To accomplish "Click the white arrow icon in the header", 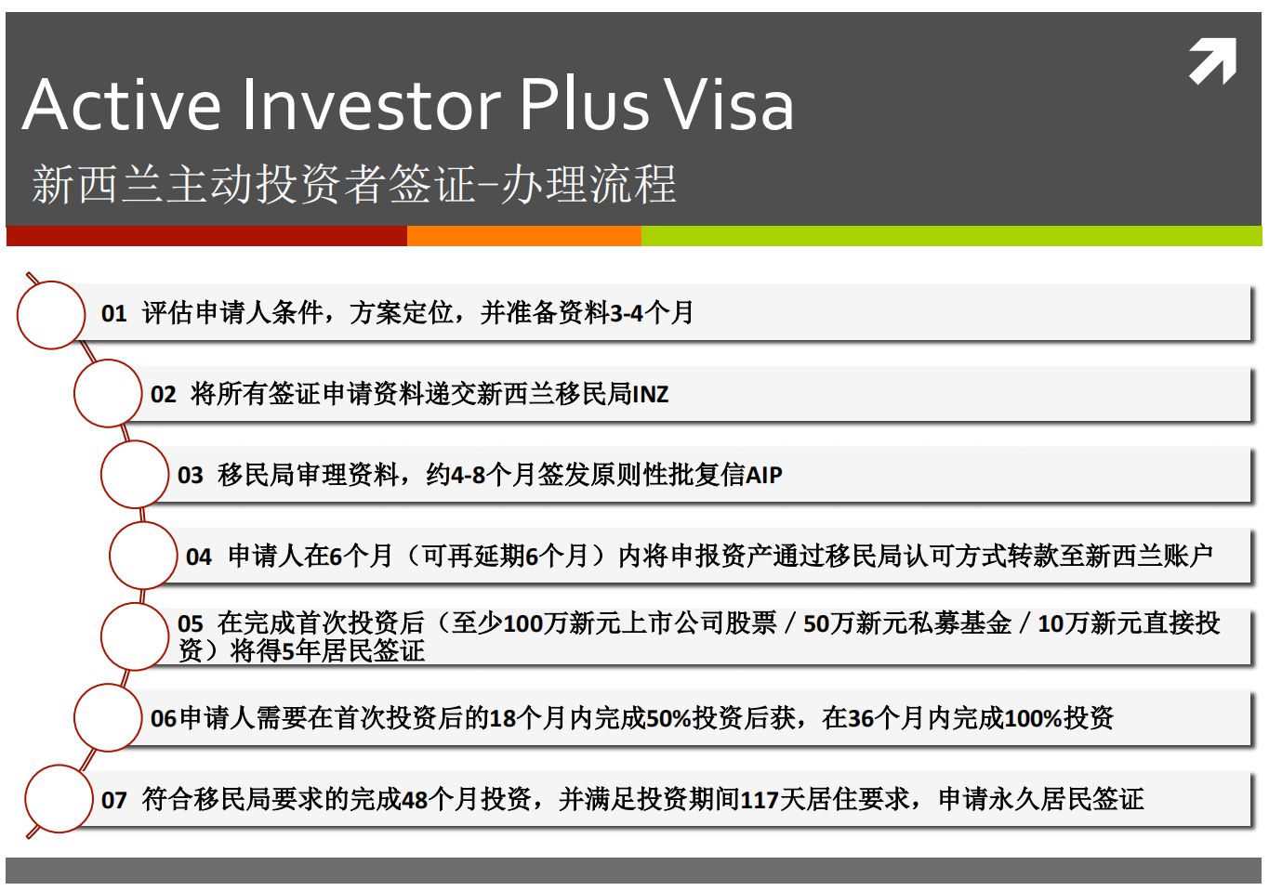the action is [1212, 61].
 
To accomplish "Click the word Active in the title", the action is [121, 105].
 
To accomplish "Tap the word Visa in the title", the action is [729, 105].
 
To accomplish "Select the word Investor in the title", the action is [372, 105].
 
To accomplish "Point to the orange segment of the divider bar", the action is [524, 236].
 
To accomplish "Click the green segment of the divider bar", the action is [952, 236].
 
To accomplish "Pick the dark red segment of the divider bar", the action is [206, 236].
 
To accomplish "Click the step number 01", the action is [113, 314].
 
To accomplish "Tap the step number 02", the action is [164, 395].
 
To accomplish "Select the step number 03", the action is [191, 476].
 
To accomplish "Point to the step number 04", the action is [199, 557].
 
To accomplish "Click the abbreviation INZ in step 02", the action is [651, 395].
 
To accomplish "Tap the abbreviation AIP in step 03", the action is [764, 476].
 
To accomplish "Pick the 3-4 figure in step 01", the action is [627, 314].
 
